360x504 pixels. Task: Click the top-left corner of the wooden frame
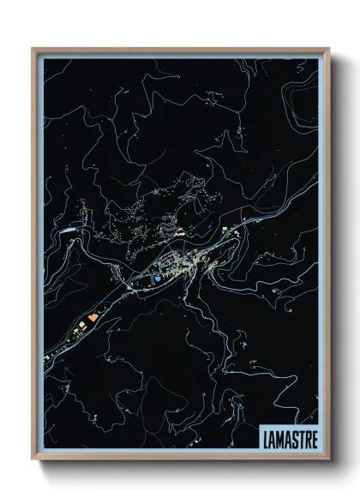point(33,49)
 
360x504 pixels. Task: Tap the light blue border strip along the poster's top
point(180,55)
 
